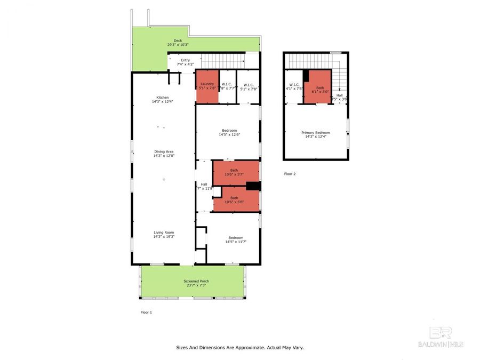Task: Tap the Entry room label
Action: (x=185, y=62)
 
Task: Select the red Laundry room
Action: (x=207, y=86)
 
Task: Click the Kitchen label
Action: (x=163, y=99)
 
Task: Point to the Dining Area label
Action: (x=163, y=154)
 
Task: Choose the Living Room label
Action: (x=163, y=234)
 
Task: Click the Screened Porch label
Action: (x=196, y=283)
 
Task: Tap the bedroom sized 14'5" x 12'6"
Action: (x=229, y=132)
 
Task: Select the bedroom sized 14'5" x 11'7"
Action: (x=236, y=239)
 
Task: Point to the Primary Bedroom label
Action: (x=315, y=134)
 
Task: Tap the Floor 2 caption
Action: (x=290, y=174)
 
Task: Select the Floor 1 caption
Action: (x=146, y=312)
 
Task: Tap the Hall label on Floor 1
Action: (x=204, y=186)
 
